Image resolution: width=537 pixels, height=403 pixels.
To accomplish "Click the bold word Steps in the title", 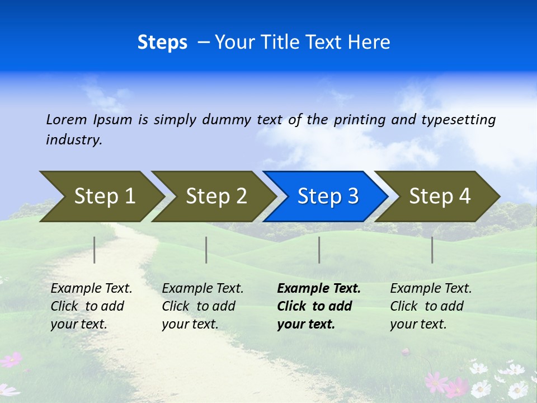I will coord(162,43).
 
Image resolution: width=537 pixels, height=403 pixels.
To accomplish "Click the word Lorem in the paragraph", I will coord(67,120).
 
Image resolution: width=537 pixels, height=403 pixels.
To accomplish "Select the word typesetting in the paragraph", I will coord(458,120).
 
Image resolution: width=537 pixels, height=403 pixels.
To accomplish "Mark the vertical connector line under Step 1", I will coord(95,250).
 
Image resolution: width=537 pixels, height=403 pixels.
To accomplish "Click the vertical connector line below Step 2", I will coord(206,250).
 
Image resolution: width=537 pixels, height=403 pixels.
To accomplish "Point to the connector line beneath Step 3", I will coord(319,250).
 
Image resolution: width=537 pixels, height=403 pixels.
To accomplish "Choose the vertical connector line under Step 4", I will coord(432,250).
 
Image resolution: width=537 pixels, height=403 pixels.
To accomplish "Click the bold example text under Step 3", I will coord(318,306).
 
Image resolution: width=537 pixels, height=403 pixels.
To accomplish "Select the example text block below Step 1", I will coord(91,306).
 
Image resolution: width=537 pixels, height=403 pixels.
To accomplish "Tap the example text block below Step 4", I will coord(431,306).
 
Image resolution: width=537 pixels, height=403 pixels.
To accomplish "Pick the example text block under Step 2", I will coord(202,306).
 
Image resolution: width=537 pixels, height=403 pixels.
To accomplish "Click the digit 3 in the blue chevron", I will coord(352,196).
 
